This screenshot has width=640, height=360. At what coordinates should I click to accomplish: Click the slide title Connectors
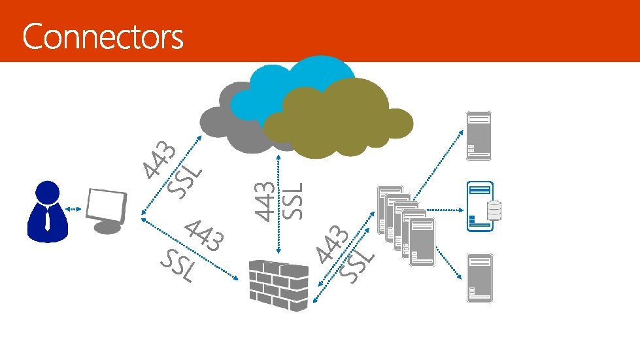point(103,38)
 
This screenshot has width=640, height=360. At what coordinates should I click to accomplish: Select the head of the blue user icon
point(47,193)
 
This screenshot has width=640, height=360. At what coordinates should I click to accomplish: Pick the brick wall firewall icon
point(278,285)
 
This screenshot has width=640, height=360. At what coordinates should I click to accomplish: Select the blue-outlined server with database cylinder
point(479,206)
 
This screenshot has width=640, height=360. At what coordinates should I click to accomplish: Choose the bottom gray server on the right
point(479,278)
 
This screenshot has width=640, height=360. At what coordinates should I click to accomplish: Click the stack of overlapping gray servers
point(405,225)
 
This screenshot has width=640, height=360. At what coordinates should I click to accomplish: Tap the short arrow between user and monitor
point(73,210)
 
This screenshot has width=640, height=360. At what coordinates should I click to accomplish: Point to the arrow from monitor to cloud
point(172,176)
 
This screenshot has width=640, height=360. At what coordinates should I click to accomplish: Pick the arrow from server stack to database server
point(445,210)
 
